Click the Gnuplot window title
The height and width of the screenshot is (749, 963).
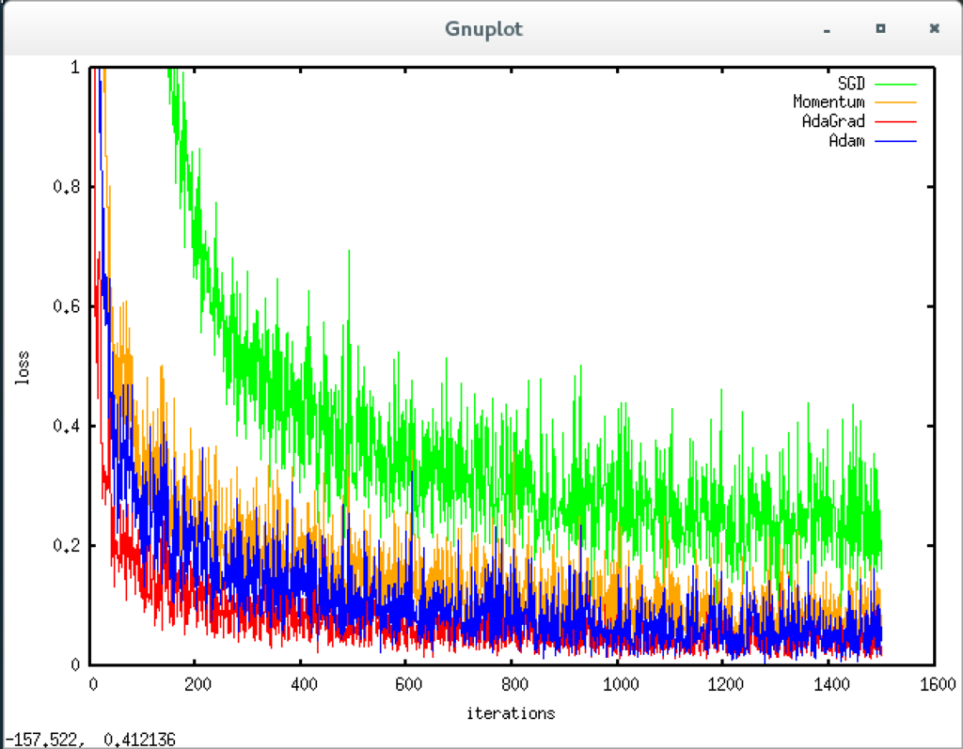tap(483, 29)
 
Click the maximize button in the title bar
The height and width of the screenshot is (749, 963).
tap(880, 29)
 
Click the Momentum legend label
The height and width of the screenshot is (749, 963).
tap(829, 102)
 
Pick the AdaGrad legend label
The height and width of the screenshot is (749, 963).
tap(833, 121)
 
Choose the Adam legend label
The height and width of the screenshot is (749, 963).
tap(846, 140)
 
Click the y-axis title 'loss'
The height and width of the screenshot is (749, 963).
tap(22, 367)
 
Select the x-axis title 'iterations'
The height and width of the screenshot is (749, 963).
tap(511, 713)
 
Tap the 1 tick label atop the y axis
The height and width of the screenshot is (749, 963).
tap(75, 68)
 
